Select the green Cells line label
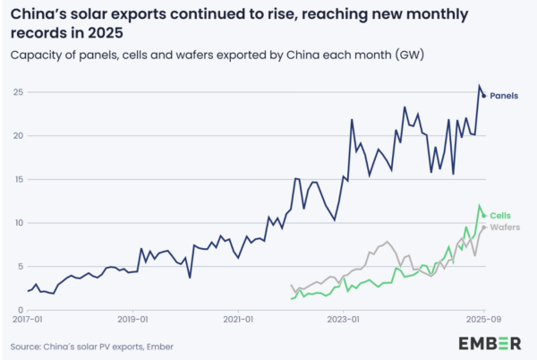tap(500, 216)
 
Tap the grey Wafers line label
tap(506, 227)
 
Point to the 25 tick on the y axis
tap(18, 92)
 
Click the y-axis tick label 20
tap(18, 136)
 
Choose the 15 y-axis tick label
tap(18, 179)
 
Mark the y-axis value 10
tap(18, 223)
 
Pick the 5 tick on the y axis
tap(21, 266)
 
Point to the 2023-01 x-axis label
tap(344, 318)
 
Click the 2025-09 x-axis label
tap(482, 318)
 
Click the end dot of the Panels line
tap(484, 96)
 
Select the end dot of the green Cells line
tap(484, 216)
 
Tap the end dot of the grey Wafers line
tap(484, 227)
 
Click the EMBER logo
tap(490, 343)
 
